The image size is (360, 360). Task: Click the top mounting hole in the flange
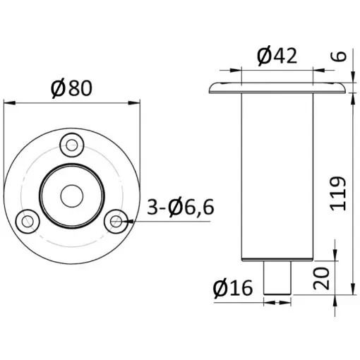(x=71, y=145)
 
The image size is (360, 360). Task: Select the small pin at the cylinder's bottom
(x=277, y=278)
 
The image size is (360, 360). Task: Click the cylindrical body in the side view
(x=277, y=176)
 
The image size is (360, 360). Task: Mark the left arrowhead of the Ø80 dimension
(x=8, y=104)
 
